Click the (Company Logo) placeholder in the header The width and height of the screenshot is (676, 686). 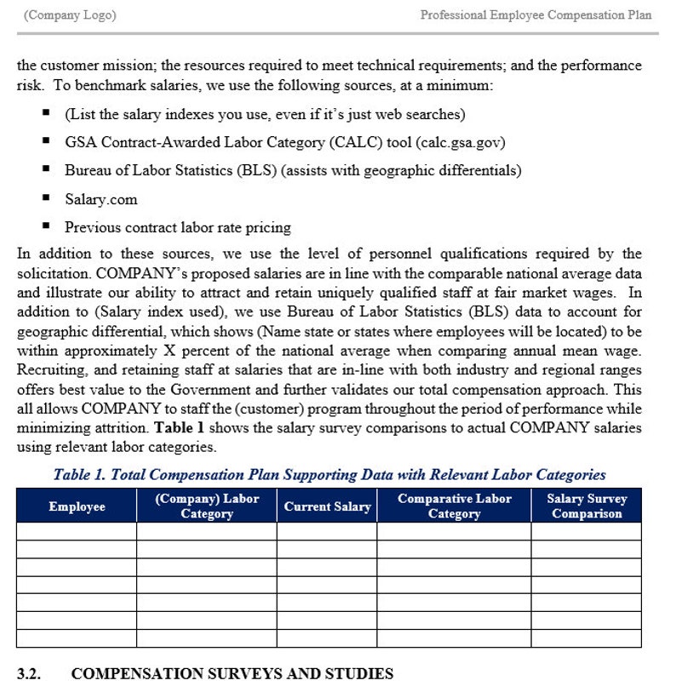click(x=71, y=15)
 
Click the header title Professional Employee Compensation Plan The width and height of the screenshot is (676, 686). click(x=536, y=15)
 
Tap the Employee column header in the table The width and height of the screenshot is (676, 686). click(x=77, y=506)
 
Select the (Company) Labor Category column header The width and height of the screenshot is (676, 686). click(x=207, y=506)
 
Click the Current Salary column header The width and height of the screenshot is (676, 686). click(x=327, y=506)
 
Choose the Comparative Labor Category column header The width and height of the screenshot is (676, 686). click(x=454, y=506)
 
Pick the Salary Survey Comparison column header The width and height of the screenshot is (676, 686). click(x=586, y=506)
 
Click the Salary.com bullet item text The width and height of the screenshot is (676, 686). click(x=100, y=199)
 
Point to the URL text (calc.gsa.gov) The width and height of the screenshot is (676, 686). click(x=467, y=142)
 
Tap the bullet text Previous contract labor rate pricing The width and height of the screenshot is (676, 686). click(x=177, y=227)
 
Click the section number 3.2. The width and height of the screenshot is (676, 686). click(x=29, y=673)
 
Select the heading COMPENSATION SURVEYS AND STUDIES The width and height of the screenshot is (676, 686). click(x=232, y=673)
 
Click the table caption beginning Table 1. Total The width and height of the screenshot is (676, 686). click(x=329, y=475)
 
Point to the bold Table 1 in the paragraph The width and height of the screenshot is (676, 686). click(x=180, y=428)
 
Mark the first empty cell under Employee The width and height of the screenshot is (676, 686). click(x=77, y=530)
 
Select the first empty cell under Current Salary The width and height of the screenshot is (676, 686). click(x=327, y=530)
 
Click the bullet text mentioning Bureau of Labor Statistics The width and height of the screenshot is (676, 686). click(x=293, y=170)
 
